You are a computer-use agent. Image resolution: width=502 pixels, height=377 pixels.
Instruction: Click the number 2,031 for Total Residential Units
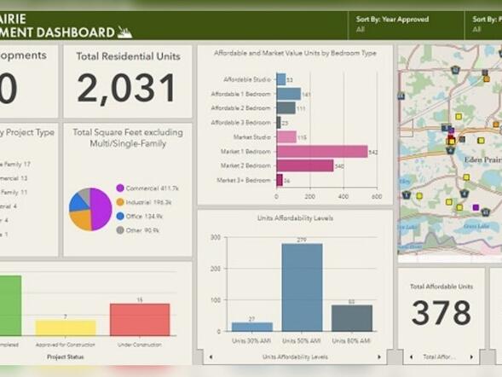pos(127,88)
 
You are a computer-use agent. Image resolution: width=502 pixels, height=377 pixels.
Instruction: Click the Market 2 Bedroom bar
pos(304,165)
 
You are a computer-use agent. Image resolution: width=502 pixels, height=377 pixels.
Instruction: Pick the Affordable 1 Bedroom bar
pos(288,94)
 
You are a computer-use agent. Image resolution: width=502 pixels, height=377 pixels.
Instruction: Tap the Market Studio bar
pos(286,136)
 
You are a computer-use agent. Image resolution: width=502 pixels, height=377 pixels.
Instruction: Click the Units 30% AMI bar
pos(251,327)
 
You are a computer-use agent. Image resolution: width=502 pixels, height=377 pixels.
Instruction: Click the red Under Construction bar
pos(140,319)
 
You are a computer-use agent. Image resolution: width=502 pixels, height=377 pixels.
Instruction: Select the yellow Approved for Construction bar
pos(66,328)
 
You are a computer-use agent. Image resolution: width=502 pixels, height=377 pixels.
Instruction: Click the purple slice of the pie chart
pos(101,209)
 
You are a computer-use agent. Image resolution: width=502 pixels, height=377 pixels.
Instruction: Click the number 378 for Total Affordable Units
pos(441,312)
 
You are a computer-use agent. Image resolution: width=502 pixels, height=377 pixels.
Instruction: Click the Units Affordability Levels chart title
pos(294,218)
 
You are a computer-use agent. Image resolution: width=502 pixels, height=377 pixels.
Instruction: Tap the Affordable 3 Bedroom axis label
pos(244,122)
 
